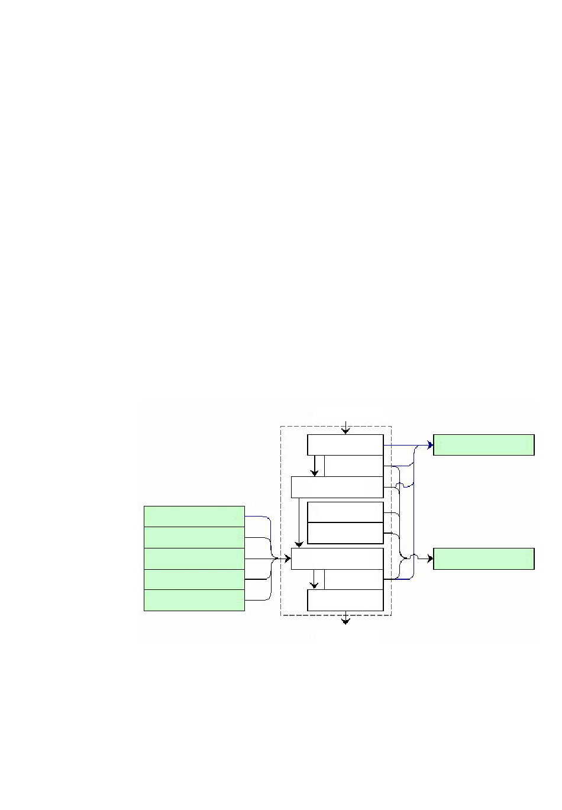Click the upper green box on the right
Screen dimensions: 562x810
point(483,445)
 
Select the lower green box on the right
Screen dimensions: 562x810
point(483,559)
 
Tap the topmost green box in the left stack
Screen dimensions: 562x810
point(194,517)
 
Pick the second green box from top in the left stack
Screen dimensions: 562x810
point(194,537)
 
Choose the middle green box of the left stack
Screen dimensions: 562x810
point(194,559)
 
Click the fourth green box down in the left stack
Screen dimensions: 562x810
point(194,579)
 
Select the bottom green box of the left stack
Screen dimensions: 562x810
point(194,600)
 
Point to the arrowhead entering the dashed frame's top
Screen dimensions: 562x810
point(345,431)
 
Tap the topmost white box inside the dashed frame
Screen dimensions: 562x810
point(345,445)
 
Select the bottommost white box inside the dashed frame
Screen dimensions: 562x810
point(345,600)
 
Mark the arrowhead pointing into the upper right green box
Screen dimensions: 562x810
point(430,445)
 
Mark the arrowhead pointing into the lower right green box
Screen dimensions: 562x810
point(430,559)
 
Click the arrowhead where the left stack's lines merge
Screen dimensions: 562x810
point(288,559)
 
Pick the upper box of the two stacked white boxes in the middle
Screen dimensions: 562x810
point(345,512)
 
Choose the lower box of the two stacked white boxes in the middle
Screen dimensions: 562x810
point(345,533)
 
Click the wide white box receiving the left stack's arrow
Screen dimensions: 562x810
point(337,559)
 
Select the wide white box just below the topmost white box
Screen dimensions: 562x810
point(337,487)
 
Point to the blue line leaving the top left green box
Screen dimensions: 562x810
point(258,517)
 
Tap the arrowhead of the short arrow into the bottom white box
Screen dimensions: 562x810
point(315,586)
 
